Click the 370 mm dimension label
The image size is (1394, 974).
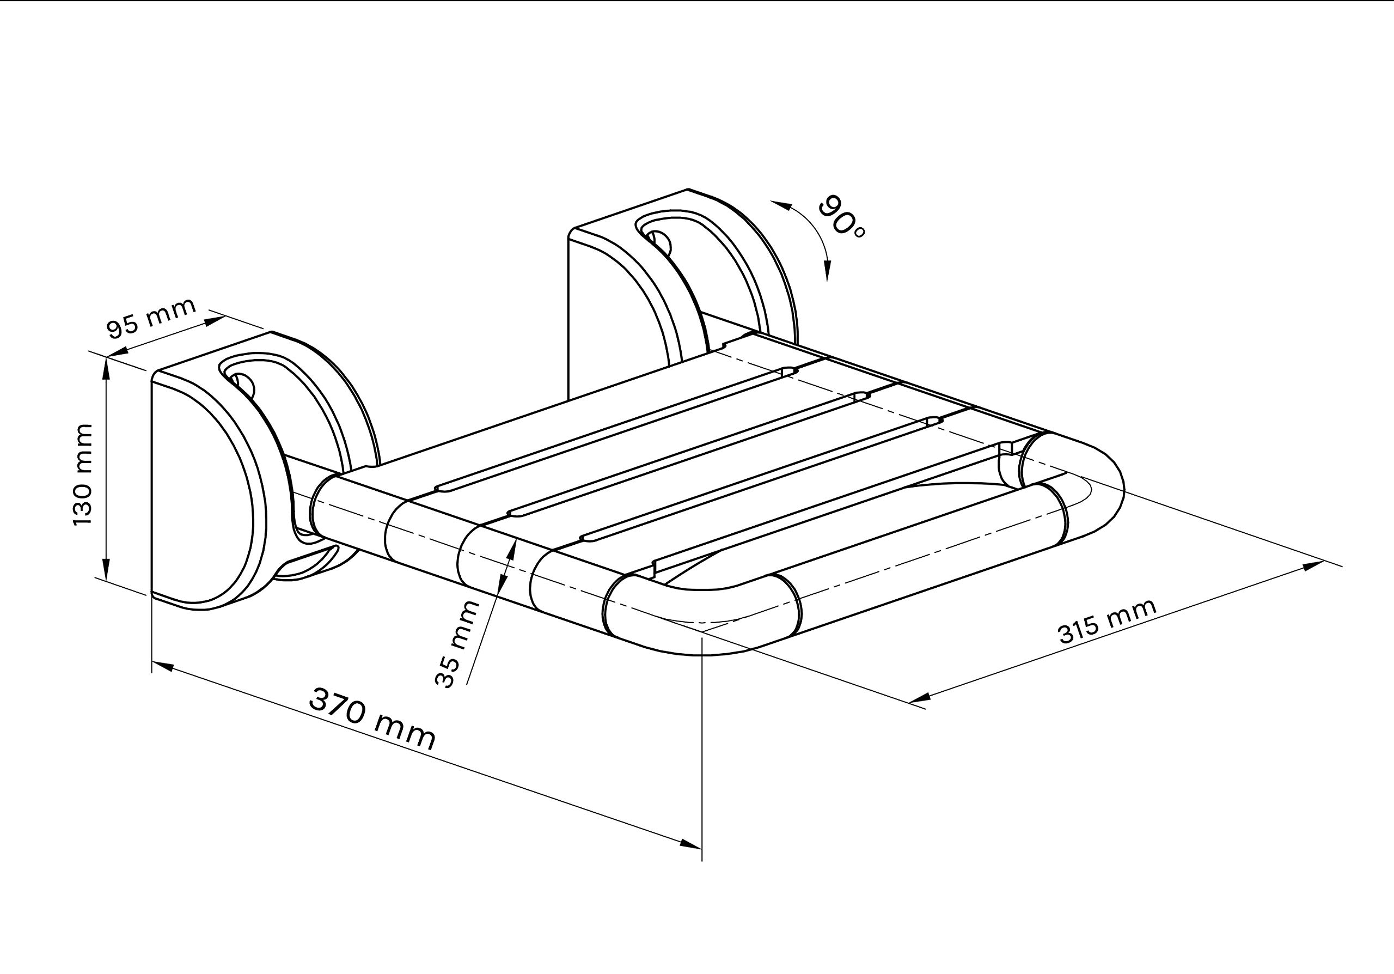click(x=372, y=719)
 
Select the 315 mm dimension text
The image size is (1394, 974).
click(x=1108, y=622)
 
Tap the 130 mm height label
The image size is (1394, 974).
click(x=83, y=475)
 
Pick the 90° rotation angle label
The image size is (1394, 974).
click(x=842, y=217)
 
